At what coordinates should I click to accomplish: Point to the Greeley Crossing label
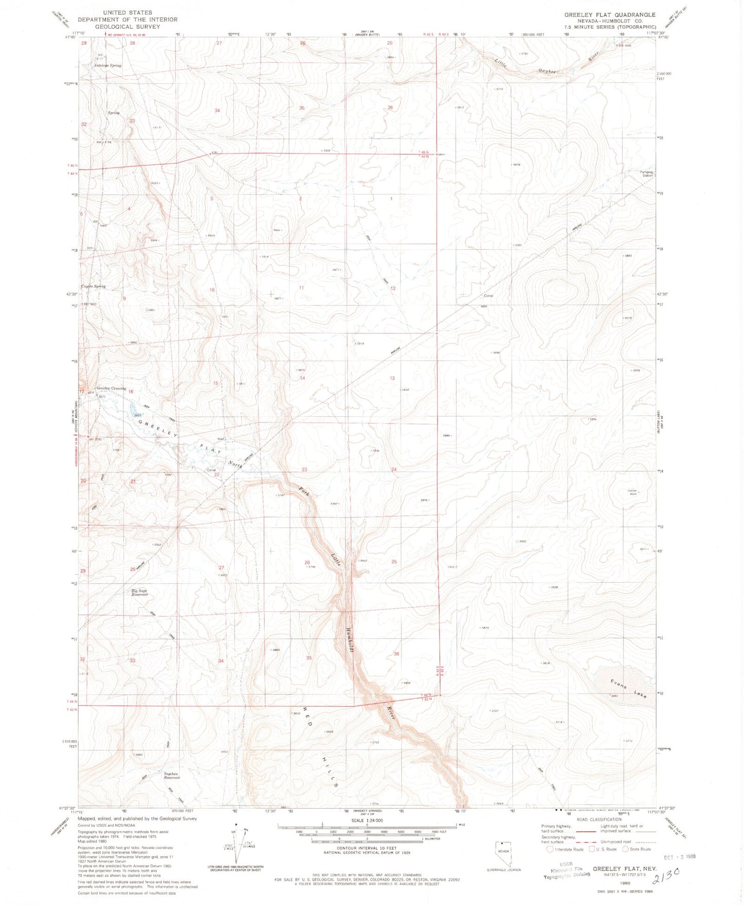pos(111,388)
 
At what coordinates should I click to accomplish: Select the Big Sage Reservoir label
pos(140,592)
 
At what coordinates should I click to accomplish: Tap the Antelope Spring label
pos(108,65)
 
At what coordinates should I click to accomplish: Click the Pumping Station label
pos(646,174)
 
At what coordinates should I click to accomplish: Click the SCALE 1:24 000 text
pos(367,820)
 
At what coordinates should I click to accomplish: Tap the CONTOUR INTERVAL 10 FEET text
pos(367,847)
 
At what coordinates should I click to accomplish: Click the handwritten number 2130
pos(669,884)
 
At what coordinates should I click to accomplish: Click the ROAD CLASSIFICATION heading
pos(598,819)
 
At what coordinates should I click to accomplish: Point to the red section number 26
pos(307,562)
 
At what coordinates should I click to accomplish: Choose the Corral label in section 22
pos(211,470)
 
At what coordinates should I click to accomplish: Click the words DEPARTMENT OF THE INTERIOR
pos(127,20)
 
